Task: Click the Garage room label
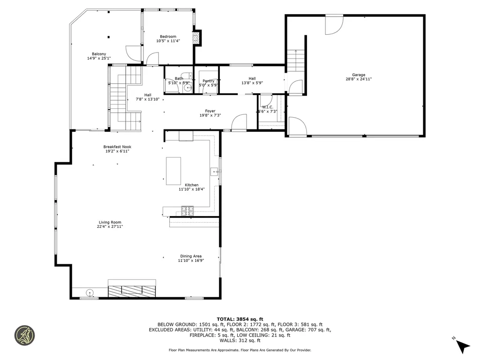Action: point(359,75)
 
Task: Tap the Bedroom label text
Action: point(168,37)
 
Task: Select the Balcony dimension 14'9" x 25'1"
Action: point(99,59)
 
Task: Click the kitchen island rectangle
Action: point(173,171)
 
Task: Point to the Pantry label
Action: point(208,81)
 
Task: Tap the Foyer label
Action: point(210,111)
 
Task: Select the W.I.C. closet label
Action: point(267,107)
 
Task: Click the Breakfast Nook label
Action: point(117,147)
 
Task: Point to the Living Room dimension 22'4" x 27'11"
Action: point(110,226)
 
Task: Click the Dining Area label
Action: point(191,256)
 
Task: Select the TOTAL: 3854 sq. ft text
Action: point(240,318)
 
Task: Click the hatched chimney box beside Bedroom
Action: point(197,38)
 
